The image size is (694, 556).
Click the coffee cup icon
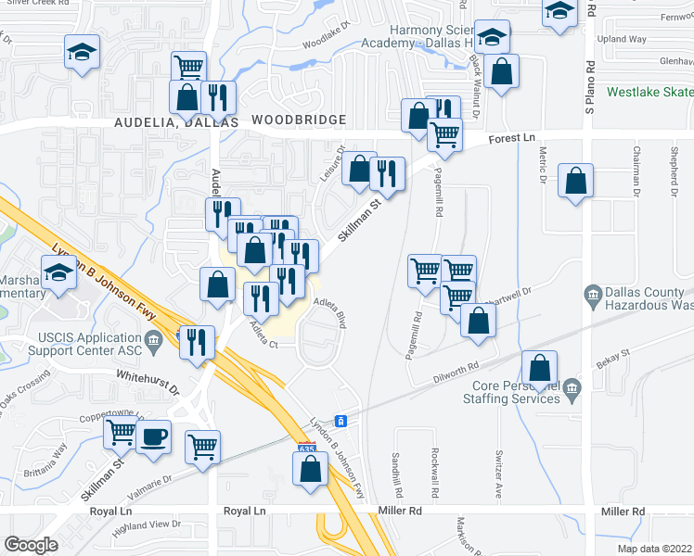click(153, 436)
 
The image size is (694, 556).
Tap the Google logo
click(31, 545)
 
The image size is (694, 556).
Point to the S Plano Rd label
click(589, 88)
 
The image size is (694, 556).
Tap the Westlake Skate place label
click(650, 92)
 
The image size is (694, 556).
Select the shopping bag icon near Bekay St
click(539, 366)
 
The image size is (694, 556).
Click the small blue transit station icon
click(341, 422)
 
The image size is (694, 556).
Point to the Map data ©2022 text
click(653, 549)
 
